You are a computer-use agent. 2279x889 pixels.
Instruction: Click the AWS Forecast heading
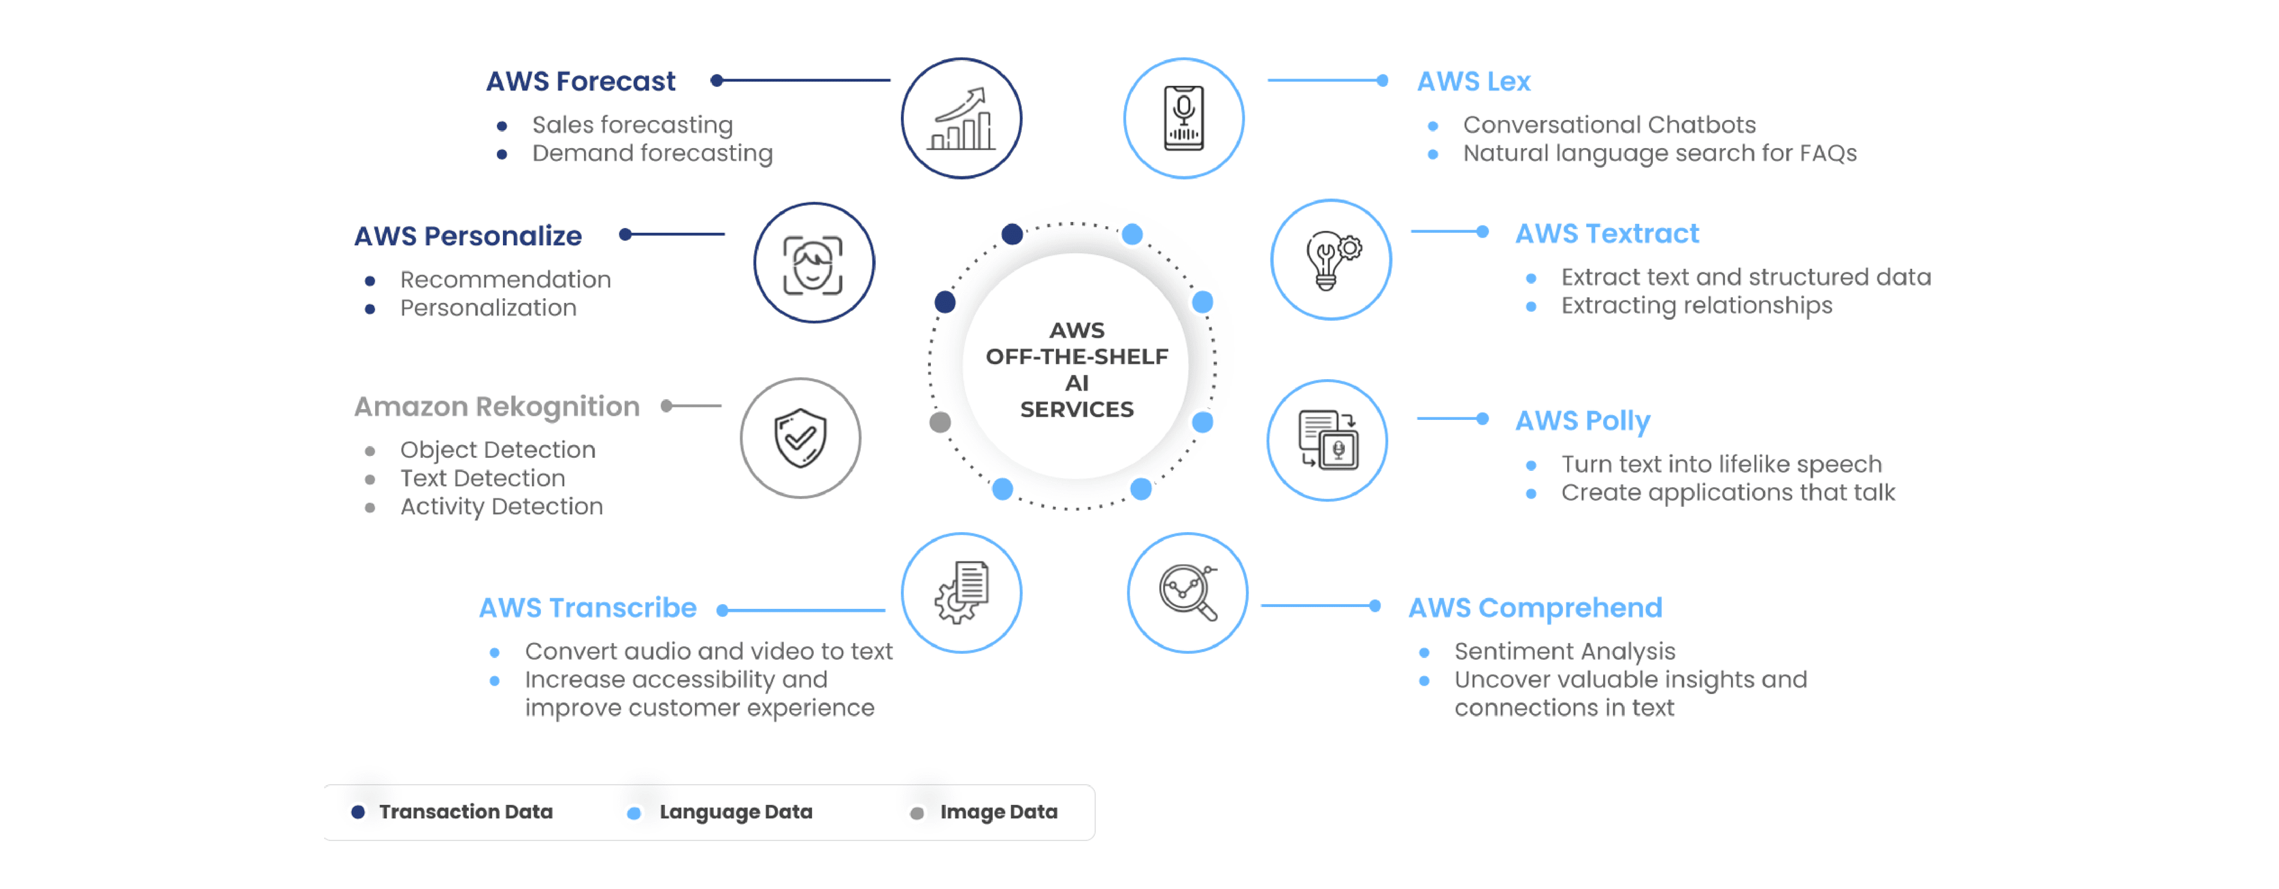[x=580, y=82]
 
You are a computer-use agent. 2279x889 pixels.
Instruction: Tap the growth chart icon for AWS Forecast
[x=961, y=119]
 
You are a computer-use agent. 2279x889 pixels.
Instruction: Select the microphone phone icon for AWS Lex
[x=1183, y=119]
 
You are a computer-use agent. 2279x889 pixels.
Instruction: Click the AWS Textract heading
[x=1607, y=233]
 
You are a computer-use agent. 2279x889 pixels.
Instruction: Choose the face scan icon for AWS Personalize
[x=813, y=263]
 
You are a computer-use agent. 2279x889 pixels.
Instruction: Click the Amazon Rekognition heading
[x=496, y=406]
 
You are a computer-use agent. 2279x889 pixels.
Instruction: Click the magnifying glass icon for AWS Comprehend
[x=1187, y=593]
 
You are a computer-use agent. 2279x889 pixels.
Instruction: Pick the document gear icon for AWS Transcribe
[x=961, y=593]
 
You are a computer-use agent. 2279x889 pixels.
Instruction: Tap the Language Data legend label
[x=735, y=812]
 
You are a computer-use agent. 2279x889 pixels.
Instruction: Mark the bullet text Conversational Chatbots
[x=1609, y=125]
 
